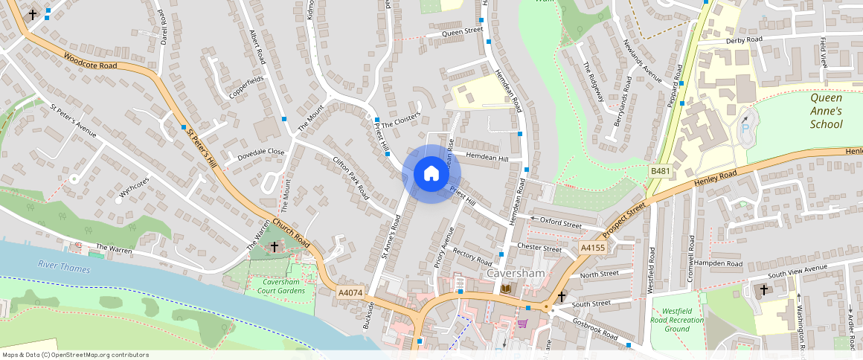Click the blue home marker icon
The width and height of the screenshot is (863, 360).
coord(431,174)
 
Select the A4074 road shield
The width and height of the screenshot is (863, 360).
coord(350,292)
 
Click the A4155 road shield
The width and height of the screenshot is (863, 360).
coord(593,247)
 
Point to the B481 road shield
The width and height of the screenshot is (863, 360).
coord(660,171)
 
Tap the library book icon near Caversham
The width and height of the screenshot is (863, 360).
coord(507,289)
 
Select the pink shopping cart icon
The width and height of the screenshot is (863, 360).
coord(522,324)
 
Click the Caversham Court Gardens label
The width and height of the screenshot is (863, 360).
coord(283,286)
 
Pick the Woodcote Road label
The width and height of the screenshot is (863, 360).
coord(91,61)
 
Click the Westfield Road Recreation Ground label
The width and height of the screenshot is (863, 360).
coord(678,319)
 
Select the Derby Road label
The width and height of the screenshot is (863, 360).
coord(745,40)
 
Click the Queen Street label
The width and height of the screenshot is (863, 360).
coord(462,32)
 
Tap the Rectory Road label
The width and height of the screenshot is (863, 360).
coord(472,257)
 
